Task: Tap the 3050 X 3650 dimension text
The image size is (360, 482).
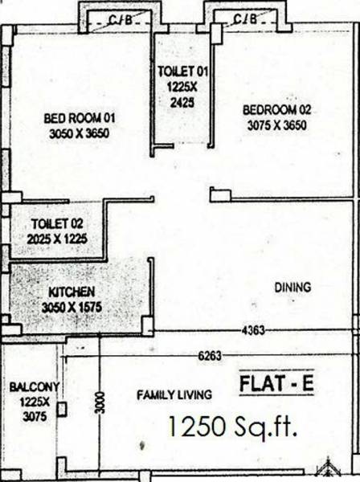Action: pyautogui.click(x=80, y=133)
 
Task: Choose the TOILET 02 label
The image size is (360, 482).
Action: pyautogui.click(x=57, y=224)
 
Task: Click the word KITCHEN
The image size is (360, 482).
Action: pyautogui.click(x=73, y=291)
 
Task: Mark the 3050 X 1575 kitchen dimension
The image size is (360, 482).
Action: pyautogui.click(x=73, y=305)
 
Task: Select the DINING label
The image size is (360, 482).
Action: pyautogui.click(x=292, y=288)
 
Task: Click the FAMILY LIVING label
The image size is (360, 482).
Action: pyautogui.click(x=174, y=394)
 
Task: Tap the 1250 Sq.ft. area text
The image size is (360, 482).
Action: pyautogui.click(x=233, y=427)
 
